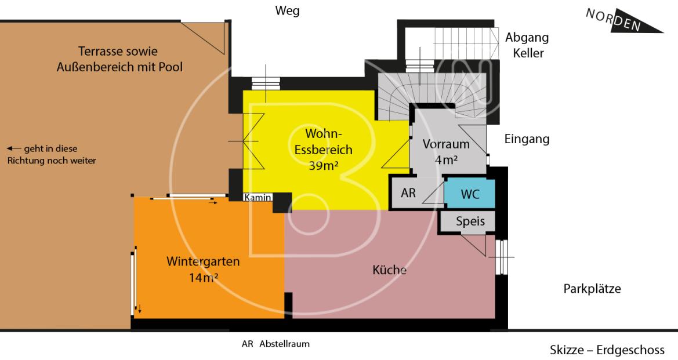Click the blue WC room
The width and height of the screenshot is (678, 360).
470,194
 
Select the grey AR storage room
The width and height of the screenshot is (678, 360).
409,193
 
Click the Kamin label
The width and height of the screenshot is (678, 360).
258,198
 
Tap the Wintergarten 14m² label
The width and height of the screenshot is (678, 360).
203,269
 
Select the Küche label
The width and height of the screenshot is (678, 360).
389,270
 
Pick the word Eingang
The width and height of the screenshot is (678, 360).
527,139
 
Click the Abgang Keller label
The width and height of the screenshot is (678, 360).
527,45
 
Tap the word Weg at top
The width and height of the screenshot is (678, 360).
288,11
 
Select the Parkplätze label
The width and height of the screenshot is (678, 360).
592,289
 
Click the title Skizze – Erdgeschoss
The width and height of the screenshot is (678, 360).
607,350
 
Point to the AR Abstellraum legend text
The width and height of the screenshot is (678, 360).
275,344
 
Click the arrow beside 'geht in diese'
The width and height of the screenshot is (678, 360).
13,148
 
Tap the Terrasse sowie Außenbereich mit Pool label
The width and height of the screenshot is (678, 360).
119,59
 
